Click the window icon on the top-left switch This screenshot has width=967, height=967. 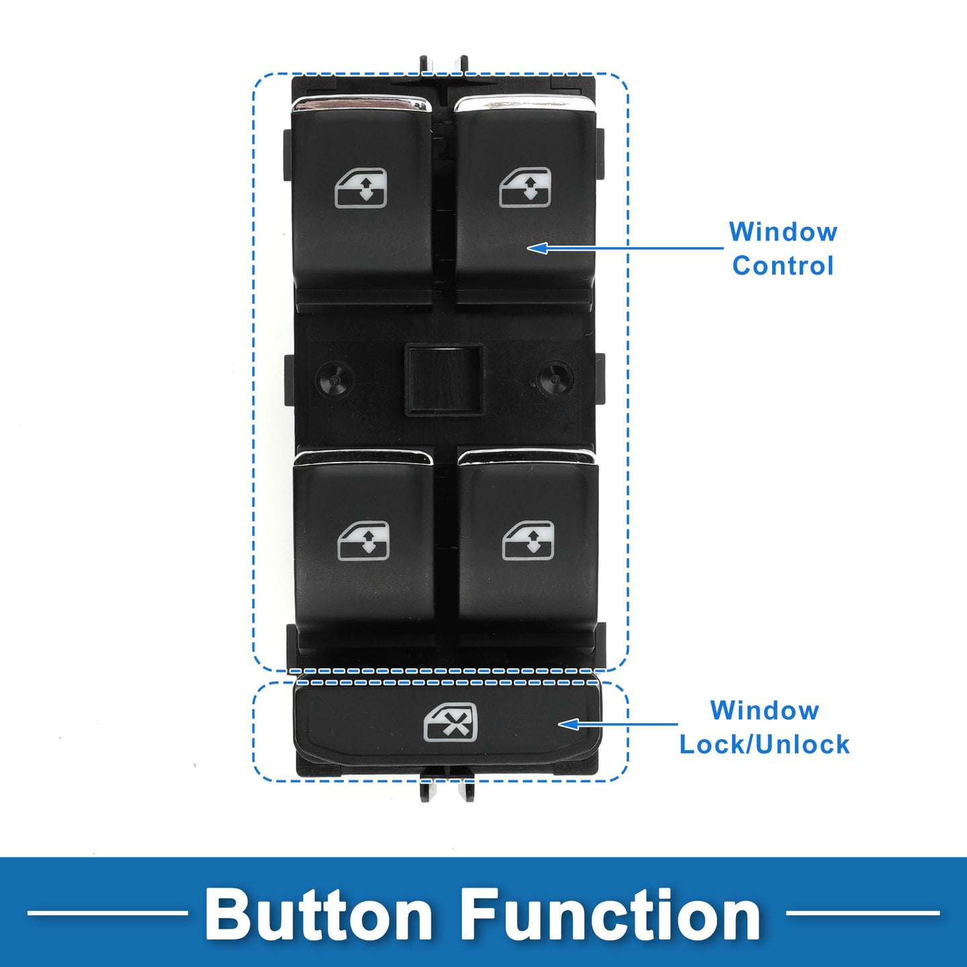tap(361, 188)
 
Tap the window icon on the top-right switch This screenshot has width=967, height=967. tap(525, 187)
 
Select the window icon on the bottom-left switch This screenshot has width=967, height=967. tap(363, 541)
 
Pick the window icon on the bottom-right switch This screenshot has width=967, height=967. tap(528, 541)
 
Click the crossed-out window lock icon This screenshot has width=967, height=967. tap(451, 723)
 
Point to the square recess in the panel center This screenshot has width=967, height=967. tap(443, 379)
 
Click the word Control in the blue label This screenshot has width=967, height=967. tap(783, 266)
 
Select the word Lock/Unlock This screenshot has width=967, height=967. tap(764, 745)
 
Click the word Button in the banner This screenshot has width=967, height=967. tap(318, 915)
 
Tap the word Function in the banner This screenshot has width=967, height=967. tap(610, 915)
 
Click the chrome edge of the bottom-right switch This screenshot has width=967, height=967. tap(527, 457)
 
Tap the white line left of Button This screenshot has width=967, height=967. tap(107, 913)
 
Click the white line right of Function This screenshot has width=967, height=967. tap(862, 913)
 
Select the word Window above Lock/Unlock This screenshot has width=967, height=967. tap(764, 710)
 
